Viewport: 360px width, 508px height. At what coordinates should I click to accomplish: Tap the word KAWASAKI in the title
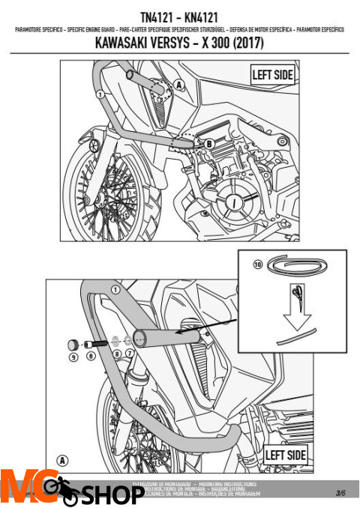(x=124, y=43)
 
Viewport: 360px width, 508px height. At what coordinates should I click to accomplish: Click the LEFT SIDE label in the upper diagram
(x=272, y=74)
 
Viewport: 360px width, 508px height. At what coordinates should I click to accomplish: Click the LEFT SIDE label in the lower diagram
(x=285, y=455)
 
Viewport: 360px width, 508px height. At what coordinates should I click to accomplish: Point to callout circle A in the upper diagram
(x=179, y=84)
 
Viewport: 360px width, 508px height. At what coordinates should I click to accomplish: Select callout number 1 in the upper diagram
(x=99, y=94)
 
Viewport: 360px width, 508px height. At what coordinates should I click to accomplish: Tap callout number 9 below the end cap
(x=73, y=358)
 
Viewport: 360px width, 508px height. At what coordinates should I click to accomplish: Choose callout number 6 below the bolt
(x=91, y=358)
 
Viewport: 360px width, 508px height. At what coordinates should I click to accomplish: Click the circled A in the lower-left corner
(x=61, y=459)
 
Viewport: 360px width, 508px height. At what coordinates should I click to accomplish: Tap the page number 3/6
(x=340, y=492)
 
